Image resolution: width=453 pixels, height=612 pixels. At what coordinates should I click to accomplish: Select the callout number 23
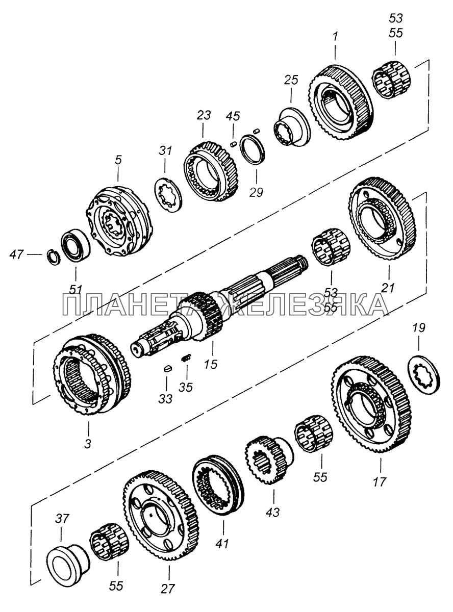click(204, 116)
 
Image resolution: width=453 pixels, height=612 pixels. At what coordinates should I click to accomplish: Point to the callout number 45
click(234, 117)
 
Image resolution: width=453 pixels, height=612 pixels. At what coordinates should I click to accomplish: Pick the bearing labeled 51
click(77, 244)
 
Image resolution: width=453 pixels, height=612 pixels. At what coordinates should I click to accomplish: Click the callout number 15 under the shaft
click(210, 364)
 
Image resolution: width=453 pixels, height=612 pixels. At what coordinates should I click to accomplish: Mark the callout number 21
click(388, 288)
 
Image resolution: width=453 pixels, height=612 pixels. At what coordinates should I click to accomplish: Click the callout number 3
click(88, 443)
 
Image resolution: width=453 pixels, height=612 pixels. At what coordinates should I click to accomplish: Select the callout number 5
click(118, 161)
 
